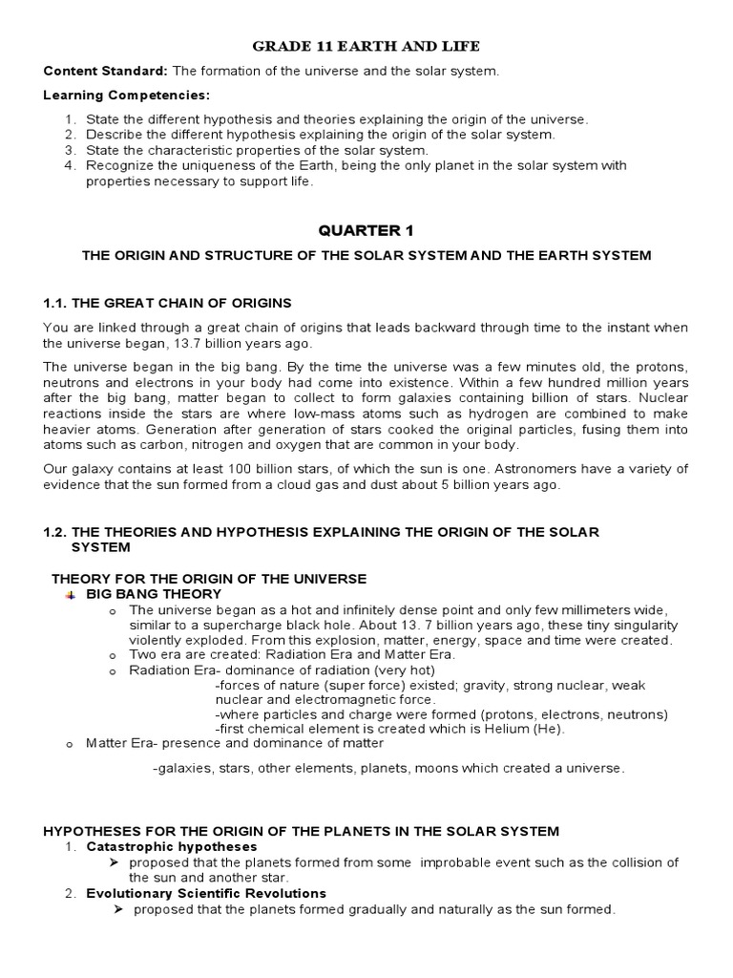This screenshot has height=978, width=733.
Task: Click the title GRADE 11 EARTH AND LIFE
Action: [366, 46]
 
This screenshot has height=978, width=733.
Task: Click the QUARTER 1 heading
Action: [366, 229]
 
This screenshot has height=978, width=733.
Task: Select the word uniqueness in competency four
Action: [212, 165]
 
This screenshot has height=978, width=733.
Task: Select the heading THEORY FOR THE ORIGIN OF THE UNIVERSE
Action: [208, 579]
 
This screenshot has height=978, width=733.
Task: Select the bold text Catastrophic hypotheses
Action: [171, 846]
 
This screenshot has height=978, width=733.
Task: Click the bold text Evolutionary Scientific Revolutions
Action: [206, 893]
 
